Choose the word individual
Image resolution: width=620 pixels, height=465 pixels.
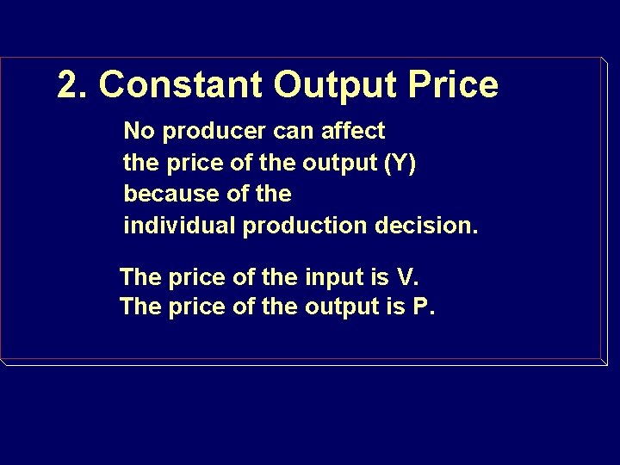[180, 226]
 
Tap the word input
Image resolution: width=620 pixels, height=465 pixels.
[333, 278]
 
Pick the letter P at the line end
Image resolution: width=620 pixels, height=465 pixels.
[421, 307]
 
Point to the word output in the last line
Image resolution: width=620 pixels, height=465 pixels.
[341, 307]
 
